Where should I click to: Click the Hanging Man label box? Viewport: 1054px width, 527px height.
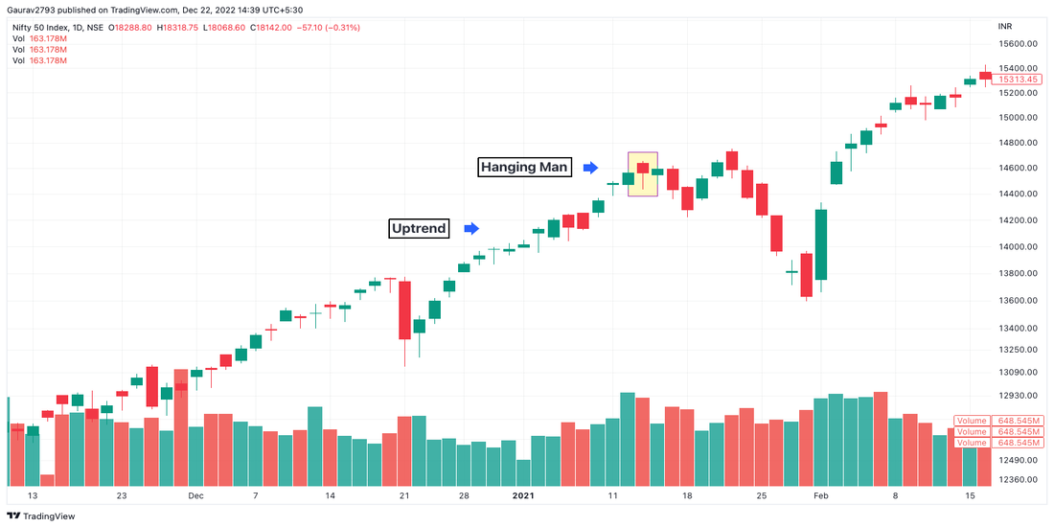pyautogui.click(x=525, y=168)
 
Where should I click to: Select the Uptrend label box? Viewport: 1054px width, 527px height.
pyautogui.click(x=419, y=228)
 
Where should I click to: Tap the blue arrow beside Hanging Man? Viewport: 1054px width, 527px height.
pyautogui.click(x=591, y=168)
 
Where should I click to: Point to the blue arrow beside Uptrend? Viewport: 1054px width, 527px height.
pyautogui.click(x=471, y=228)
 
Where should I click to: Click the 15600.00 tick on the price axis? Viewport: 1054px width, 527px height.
pyautogui.click(x=1017, y=44)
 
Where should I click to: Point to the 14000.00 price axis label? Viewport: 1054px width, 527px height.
pyautogui.click(x=1017, y=246)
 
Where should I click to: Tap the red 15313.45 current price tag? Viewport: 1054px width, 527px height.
pyautogui.click(x=1017, y=80)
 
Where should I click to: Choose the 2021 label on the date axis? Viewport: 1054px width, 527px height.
pyautogui.click(x=522, y=496)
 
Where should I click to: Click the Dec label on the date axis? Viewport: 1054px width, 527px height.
pyautogui.click(x=196, y=496)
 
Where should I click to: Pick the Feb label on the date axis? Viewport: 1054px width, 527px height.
pyautogui.click(x=820, y=496)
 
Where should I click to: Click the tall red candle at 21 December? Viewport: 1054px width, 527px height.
pyautogui.click(x=404, y=309)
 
